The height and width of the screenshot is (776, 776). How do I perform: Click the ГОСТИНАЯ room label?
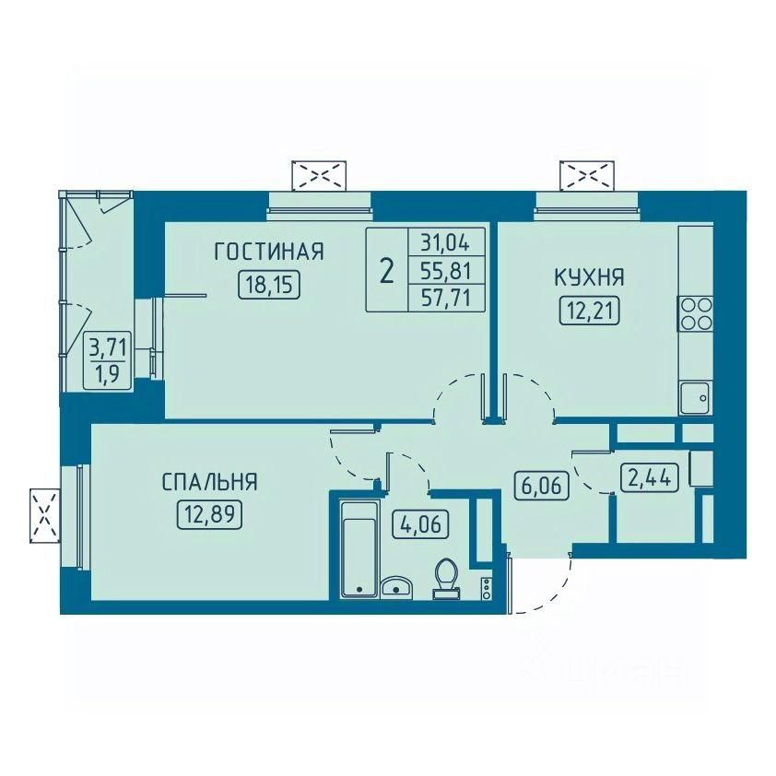pyautogui.click(x=269, y=252)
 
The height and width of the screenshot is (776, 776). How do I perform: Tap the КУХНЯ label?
pyautogui.click(x=589, y=277)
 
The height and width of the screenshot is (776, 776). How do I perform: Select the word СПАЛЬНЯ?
pyautogui.click(x=210, y=482)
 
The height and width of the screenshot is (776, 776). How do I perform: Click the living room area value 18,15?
pyautogui.click(x=269, y=285)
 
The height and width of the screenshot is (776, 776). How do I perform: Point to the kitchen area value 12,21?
pyautogui.click(x=590, y=312)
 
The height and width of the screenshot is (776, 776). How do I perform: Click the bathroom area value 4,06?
pyautogui.click(x=420, y=524)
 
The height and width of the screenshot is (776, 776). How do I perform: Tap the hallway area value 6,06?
pyautogui.click(x=541, y=485)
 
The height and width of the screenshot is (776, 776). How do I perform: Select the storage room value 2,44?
pyautogui.click(x=650, y=477)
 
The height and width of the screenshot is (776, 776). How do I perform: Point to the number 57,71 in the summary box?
pyautogui.click(x=446, y=299)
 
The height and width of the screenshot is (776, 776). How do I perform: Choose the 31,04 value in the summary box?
pyautogui.click(x=446, y=243)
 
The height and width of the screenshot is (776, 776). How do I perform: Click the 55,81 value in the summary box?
pyautogui.click(x=446, y=271)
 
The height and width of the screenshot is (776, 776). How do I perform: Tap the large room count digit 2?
pyautogui.click(x=386, y=272)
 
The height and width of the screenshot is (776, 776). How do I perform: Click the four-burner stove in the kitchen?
pyautogui.click(x=696, y=313)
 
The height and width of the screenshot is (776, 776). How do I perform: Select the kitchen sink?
pyautogui.click(x=696, y=398)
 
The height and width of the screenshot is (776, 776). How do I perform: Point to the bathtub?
pyautogui.click(x=359, y=549)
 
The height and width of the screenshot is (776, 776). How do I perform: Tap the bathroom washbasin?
pyautogui.click(x=396, y=586)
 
